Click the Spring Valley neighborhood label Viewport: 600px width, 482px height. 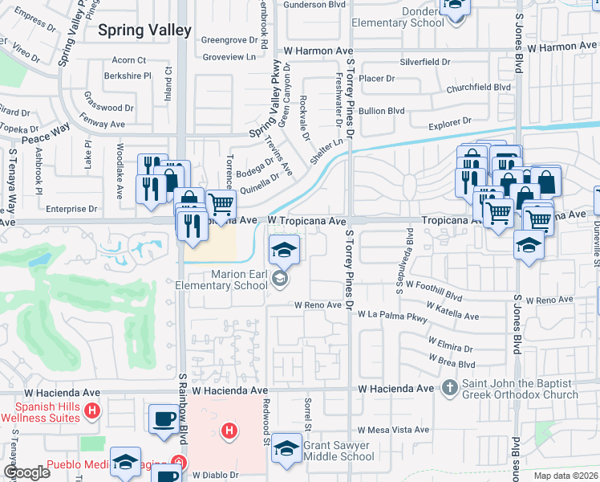tap(144, 31)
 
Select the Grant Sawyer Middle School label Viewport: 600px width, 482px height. tap(337, 451)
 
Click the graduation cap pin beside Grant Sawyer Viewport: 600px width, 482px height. tap(286, 448)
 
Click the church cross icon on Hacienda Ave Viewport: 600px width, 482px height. tap(450, 389)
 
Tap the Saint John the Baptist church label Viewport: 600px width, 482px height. tap(520, 389)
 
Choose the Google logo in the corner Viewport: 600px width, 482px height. tap(26, 472)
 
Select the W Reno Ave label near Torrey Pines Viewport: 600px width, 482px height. tap(318, 305)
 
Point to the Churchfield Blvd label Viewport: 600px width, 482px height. tap(479, 87)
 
